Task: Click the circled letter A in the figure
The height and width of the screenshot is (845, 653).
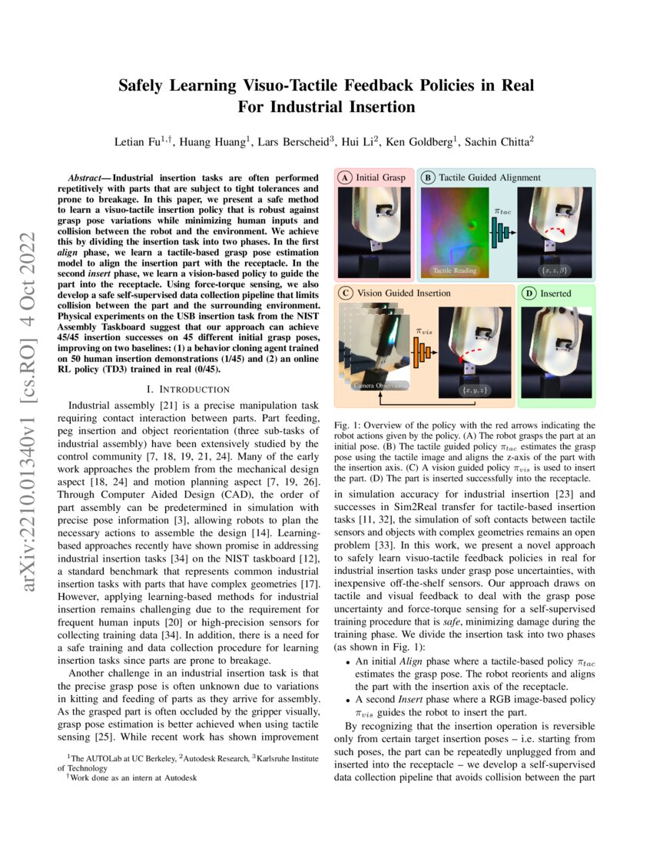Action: click(x=346, y=177)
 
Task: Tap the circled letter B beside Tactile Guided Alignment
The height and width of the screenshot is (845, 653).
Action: click(x=428, y=177)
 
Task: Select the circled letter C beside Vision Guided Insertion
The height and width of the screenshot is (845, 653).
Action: click(x=346, y=293)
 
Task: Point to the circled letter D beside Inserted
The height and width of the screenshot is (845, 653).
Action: click(x=529, y=293)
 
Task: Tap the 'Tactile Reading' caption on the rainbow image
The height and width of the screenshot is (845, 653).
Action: click(x=455, y=270)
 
